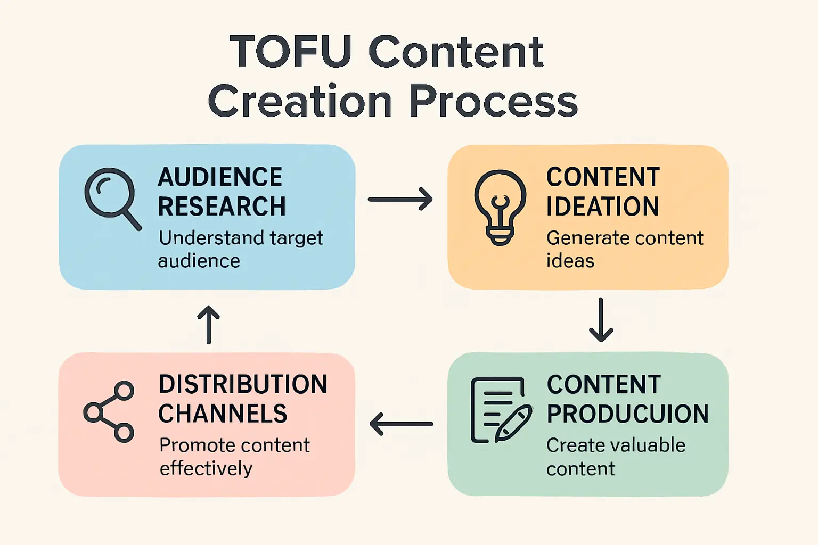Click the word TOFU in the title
coord(291,52)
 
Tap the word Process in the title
coord(493,101)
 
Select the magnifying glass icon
coord(112,197)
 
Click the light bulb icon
coord(500,207)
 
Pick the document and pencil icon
coord(501,410)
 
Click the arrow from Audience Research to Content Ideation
coord(400,199)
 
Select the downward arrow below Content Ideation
coord(601,320)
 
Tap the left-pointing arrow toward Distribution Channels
coord(401,424)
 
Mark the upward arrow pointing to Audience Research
coord(208,325)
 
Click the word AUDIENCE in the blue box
coord(220,177)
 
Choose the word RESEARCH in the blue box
coord(222,207)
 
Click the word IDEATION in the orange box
coord(603,207)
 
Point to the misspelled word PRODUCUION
coord(628,414)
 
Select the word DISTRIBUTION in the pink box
coord(243,384)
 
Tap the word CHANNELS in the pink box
coord(223,414)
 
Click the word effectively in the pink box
coord(206,468)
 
